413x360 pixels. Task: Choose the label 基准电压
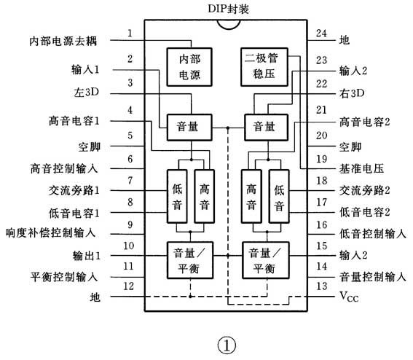point(361,168)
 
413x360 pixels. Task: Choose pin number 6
point(130,158)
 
